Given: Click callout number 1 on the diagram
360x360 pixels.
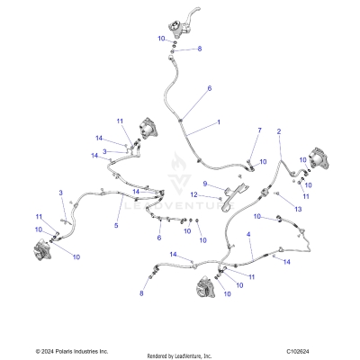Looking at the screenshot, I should coord(217,121).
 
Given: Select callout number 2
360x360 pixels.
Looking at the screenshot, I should coord(279,131).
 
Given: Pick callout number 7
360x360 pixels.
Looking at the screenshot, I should coord(258,131).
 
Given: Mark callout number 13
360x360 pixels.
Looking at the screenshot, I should coord(297,208).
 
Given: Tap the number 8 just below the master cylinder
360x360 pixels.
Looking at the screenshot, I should coord(200,48).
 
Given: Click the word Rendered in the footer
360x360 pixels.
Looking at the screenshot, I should coord(158,354).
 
